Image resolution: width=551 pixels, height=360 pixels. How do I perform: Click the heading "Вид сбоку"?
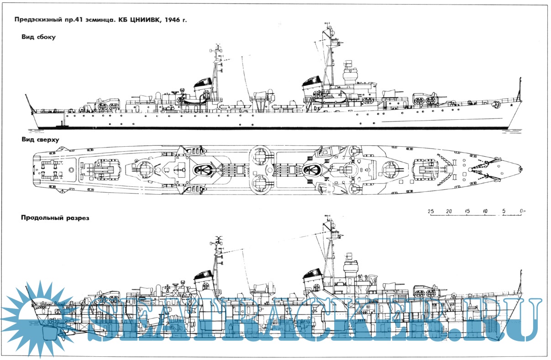pos(38,37)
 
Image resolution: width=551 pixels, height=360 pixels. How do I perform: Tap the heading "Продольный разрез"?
pos(54,218)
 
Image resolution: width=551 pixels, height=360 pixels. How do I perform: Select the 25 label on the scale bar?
pos(430,211)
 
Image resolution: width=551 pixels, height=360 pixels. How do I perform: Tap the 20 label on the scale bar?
pos(449,211)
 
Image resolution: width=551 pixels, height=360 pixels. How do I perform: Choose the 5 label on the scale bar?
pos(504,211)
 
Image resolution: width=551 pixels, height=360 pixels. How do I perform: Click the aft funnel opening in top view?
pos(202,170)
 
